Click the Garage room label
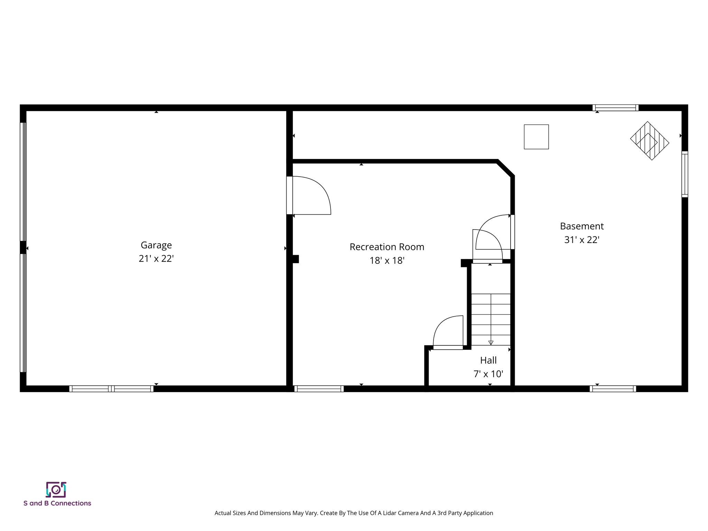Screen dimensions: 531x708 coord(156,245)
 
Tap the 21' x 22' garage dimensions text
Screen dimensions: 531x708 coord(156,259)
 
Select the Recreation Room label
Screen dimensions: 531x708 coord(387,247)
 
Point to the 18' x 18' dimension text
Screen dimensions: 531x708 coord(387,260)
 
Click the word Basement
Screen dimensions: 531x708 coord(582,226)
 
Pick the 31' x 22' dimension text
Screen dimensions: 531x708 coord(582,240)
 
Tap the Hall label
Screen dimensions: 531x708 coord(488,360)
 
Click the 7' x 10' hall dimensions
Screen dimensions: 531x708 coord(488,374)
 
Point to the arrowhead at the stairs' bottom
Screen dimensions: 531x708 coord(491,343)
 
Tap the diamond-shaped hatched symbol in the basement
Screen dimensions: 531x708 coord(650,141)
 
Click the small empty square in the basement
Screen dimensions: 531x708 coord(536,137)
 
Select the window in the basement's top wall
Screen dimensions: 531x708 coord(615,108)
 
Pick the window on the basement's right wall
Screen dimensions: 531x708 coord(684,174)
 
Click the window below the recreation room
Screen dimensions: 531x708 coord(319,389)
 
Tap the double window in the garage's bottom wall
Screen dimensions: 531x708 coord(111,389)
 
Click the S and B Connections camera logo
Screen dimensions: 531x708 coord(56,490)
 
